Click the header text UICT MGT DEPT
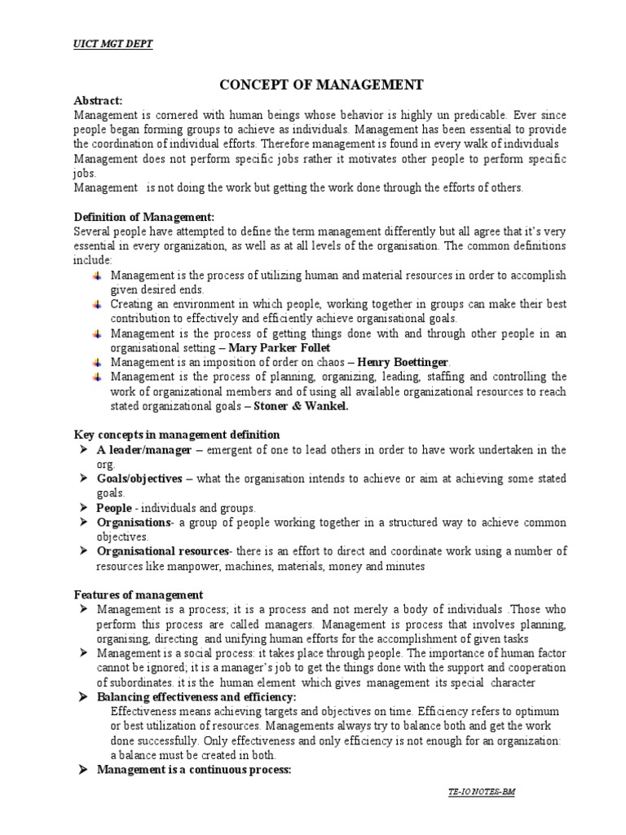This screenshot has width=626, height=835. (x=112, y=44)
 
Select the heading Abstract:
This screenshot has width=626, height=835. (x=98, y=100)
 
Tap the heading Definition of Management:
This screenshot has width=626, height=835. (x=144, y=216)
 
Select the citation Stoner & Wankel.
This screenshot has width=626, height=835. (x=301, y=406)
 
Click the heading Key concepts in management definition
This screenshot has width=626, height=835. (x=177, y=435)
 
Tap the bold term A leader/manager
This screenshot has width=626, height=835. (x=144, y=449)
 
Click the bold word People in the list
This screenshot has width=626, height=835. (x=115, y=507)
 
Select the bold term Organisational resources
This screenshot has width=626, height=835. (x=163, y=552)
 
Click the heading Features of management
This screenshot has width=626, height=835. (x=138, y=595)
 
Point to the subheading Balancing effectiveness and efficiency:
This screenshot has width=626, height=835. (x=196, y=697)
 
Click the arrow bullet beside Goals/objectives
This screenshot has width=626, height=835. (x=82, y=479)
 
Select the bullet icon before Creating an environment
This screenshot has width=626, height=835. (x=96, y=303)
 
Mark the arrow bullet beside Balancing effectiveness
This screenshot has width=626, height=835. (x=82, y=697)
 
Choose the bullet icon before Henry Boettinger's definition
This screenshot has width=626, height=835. (x=96, y=361)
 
